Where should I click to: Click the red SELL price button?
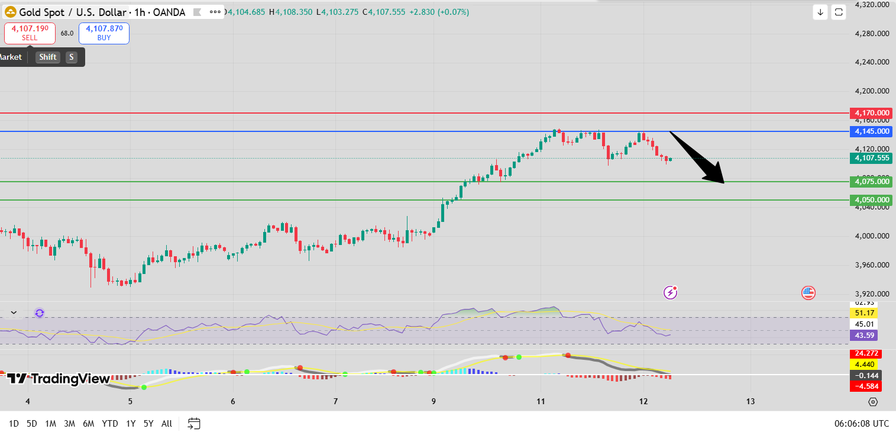tap(30, 33)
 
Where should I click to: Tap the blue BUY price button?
tap(103, 33)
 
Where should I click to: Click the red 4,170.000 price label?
tap(871, 112)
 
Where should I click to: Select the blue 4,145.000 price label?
tap(871, 131)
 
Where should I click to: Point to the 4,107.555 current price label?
tap(871, 158)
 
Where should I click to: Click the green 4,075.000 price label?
tap(871, 182)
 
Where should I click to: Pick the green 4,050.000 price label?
tap(871, 200)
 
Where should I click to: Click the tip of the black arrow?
tap(723, 183)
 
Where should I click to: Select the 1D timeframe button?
tap(14, 423)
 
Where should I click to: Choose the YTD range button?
tap(109, 423)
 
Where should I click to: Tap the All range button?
tap(167, 423)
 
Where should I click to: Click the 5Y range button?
tap(148, 423)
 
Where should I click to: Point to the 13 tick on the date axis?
tap(751, 402)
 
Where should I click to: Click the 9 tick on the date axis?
tap(434, 402)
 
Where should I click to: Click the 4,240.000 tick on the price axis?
tap(872, 62)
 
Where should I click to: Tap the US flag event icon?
tap(808, 292)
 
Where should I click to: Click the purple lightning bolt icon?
tap(670, 292)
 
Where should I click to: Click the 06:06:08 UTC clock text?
tap(860, 423)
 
